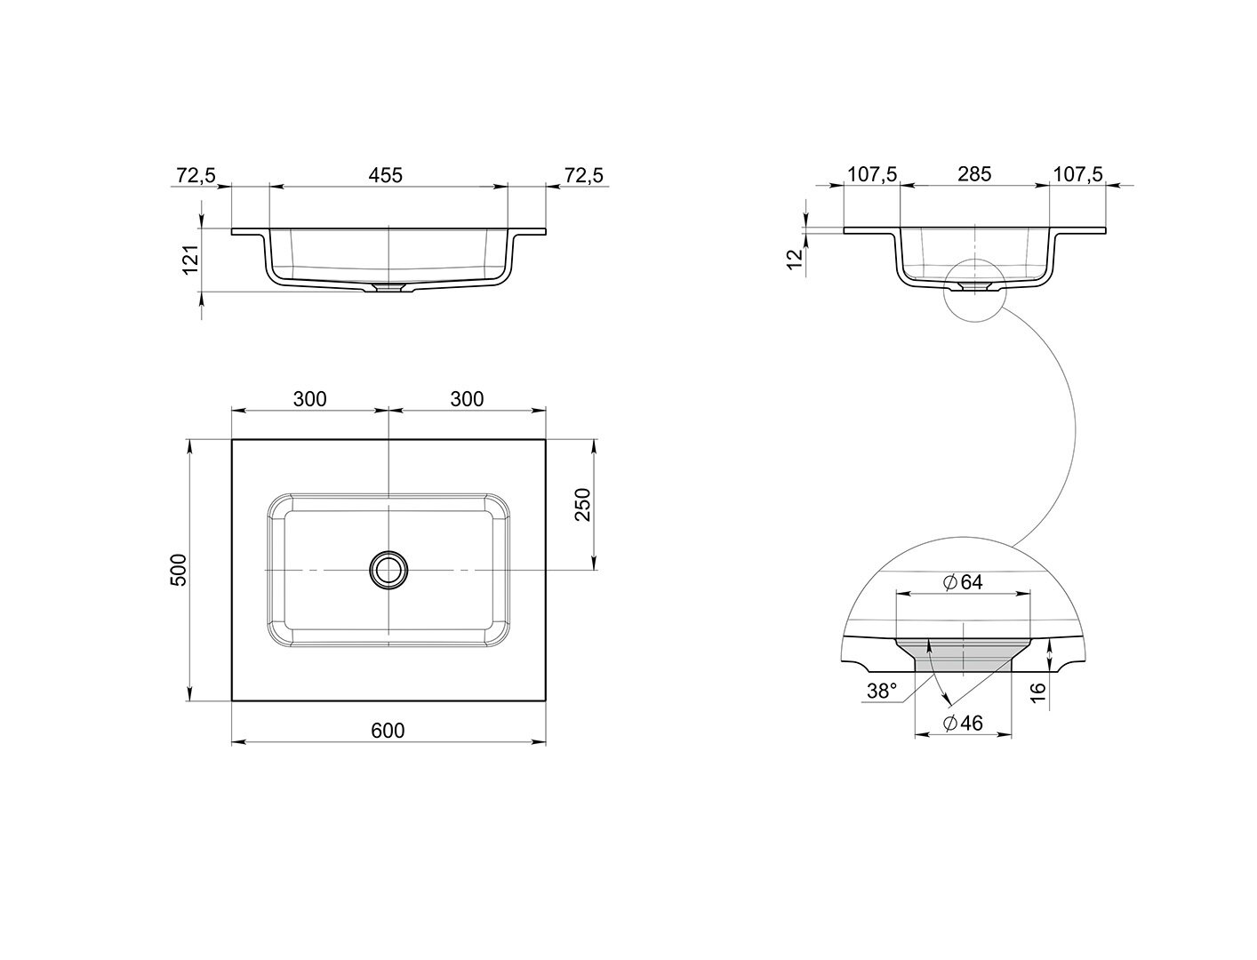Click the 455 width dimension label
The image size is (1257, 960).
[386, 175]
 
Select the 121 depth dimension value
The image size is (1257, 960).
[191, 260]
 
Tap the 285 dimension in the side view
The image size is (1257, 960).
[974, 174]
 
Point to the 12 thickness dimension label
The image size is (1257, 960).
[795, 260]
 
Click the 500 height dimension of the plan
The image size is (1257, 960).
[180, 570]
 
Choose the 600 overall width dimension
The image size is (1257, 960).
[388, 731]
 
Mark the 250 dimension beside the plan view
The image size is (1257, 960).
[582, 504]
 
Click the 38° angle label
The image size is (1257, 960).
[881, 692]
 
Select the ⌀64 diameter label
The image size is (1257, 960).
[962, 582]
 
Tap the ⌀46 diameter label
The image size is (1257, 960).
[962, 724]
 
